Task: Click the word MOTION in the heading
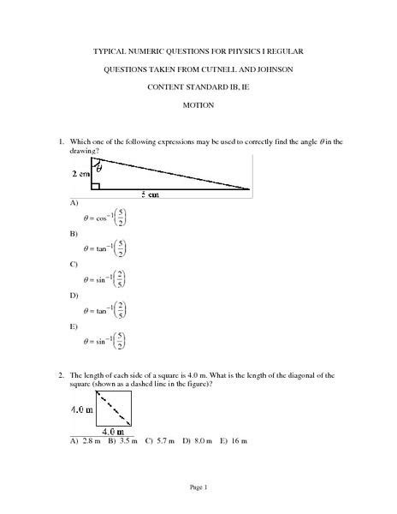199,105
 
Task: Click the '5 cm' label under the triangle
174,194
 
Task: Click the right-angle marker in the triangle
98,183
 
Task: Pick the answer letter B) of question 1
74,234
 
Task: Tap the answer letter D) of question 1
74,296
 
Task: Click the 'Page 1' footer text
199,487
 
